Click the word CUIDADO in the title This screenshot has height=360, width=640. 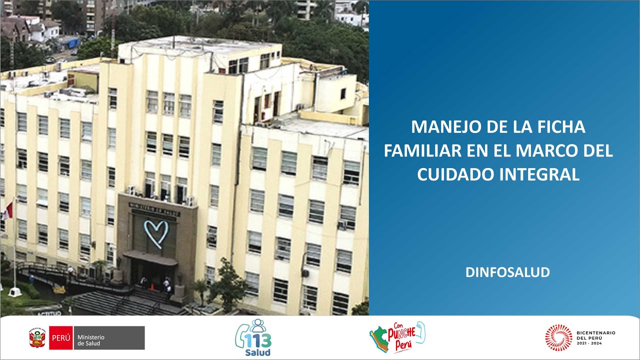point(453,174)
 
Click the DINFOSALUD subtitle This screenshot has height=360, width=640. point(507,272)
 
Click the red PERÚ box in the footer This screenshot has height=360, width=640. point(60,338)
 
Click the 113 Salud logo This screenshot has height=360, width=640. point(253,338)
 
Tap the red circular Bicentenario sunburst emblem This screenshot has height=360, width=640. point(558,337)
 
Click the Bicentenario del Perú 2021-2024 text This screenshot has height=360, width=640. point(596,337)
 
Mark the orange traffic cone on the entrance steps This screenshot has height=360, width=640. point(153,287)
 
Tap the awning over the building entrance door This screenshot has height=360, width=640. point(150,258)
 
